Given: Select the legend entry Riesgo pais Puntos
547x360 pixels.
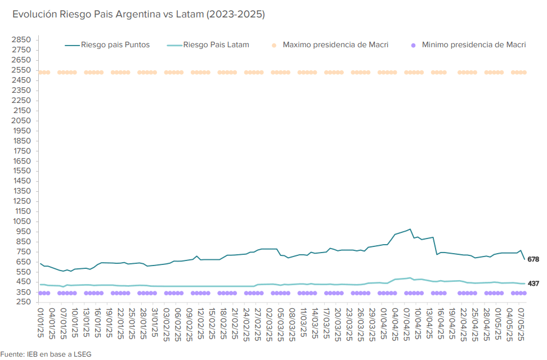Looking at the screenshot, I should tap(115, 44).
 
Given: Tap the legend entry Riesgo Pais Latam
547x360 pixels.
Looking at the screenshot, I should tap(217, 44).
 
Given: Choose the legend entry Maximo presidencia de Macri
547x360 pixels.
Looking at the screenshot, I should tap(335, 44).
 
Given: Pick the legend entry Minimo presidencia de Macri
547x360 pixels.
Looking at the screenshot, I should tap(473, 44).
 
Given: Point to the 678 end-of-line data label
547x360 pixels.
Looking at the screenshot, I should tap(534, 259).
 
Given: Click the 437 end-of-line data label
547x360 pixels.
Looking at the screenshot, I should tap(534, 283).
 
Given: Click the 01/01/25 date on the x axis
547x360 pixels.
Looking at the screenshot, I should tap(41, 324).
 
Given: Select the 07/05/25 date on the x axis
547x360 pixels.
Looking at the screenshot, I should tap(521, 324).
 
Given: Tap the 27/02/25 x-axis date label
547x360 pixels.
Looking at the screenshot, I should tap(258, 324).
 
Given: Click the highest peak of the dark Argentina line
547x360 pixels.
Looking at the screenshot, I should tap(410, 229).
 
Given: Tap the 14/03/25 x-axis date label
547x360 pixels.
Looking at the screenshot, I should tap(315, 324).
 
